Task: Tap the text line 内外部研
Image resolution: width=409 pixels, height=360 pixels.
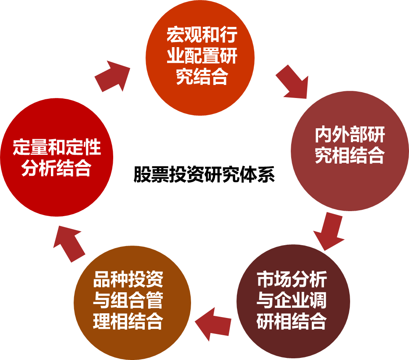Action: (x=350, y=135)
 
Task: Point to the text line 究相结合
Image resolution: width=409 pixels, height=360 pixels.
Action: (x=350, y=156)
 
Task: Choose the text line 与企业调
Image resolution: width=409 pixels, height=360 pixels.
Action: (x=292, y=301)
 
